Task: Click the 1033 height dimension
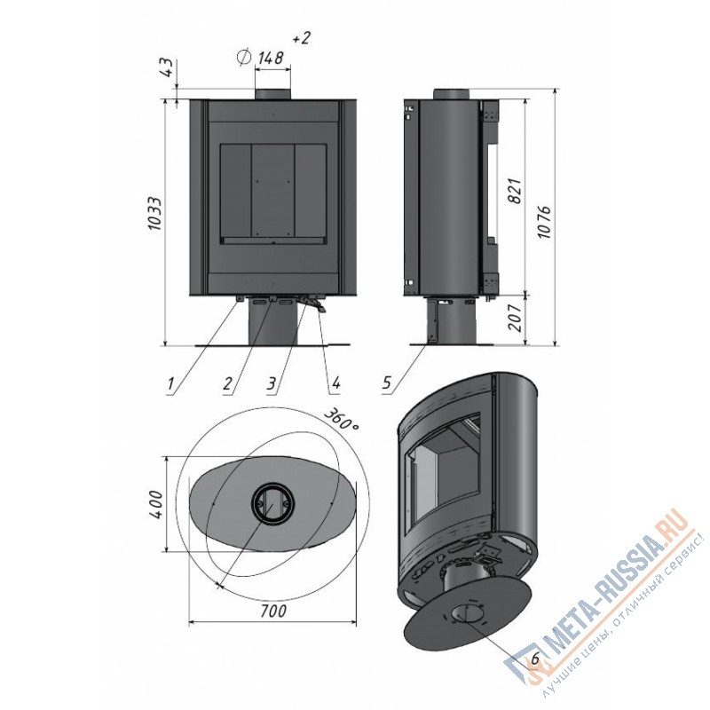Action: click(154, 213)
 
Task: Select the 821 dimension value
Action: click(516, 191)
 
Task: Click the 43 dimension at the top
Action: click(167, 67)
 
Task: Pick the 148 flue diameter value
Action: click(271, 58)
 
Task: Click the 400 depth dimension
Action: click(156, 504)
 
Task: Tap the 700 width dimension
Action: click(273, 611)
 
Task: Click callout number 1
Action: click(170, 383)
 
